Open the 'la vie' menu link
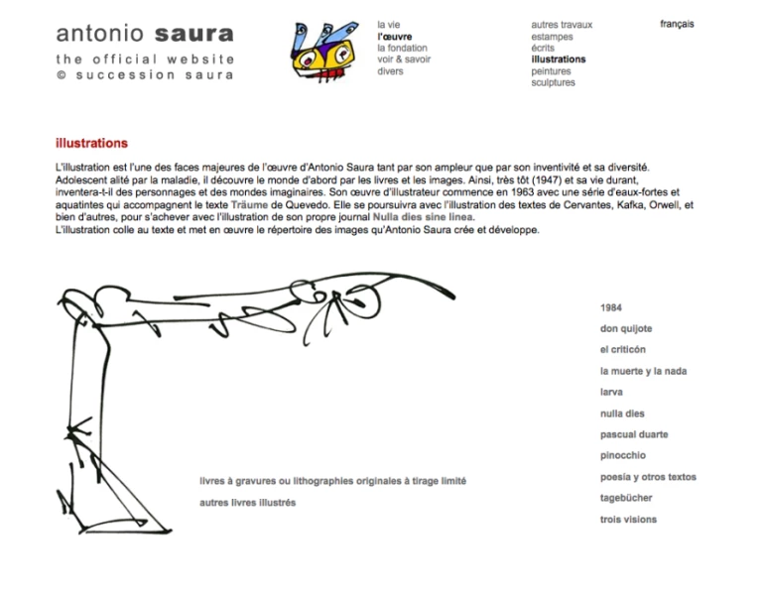389,24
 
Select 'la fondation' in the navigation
402,48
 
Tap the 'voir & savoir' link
404,59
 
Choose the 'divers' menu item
390,71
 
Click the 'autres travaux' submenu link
561,24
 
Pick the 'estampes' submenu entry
551,36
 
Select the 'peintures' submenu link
551,71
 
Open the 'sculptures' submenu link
553,83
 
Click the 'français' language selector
677,24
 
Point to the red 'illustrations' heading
91,144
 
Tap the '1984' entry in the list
611,307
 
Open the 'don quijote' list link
626,328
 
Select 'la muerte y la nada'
643,371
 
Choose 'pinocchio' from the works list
622,455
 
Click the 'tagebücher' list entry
625,498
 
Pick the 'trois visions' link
628,519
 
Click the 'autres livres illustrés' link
248,503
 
